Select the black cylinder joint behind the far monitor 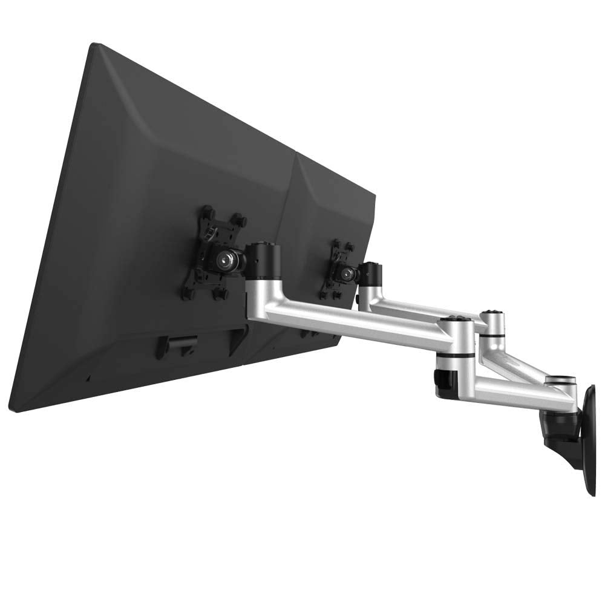point(371,273)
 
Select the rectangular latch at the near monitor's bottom point(175,345)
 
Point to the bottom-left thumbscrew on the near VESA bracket point(185,295)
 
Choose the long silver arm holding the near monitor point(351,321)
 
